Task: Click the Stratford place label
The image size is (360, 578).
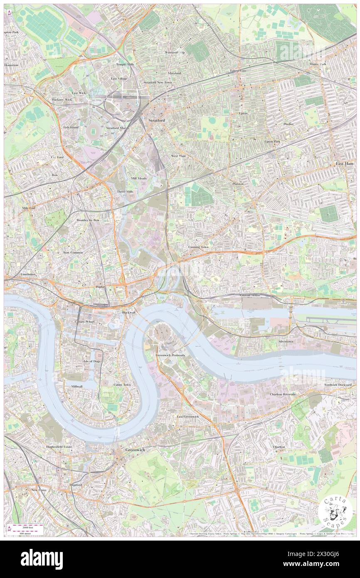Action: pos(157,120)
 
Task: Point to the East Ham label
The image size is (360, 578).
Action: pos(345,164)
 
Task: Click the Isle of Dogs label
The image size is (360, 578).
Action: pos(92,361)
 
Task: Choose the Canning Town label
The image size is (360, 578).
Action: pos(196,247)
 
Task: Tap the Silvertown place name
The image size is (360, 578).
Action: pos(286,341)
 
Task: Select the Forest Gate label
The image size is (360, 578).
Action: pos(239,71)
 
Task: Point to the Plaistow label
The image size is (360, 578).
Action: pos(238,183)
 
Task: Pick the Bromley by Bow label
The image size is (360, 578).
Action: pos(88,220)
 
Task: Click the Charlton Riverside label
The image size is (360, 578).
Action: pos(283,394)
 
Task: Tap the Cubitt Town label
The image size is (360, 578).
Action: pos(122,385)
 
